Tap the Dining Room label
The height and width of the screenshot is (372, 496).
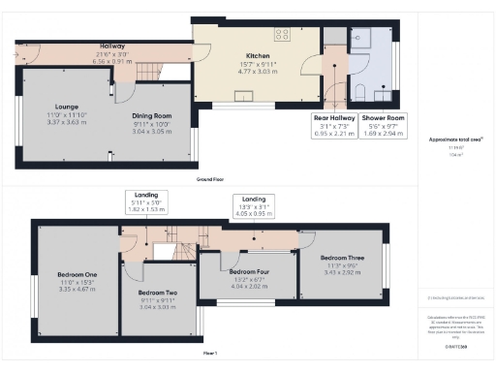(x=152, y=115)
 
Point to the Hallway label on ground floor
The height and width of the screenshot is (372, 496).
(x=113, y=46)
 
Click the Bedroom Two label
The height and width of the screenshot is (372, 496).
(x=157, y=293)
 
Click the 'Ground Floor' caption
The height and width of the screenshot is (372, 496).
(x=211, y=179)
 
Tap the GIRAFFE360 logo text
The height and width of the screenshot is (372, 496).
(x=456, y=346)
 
